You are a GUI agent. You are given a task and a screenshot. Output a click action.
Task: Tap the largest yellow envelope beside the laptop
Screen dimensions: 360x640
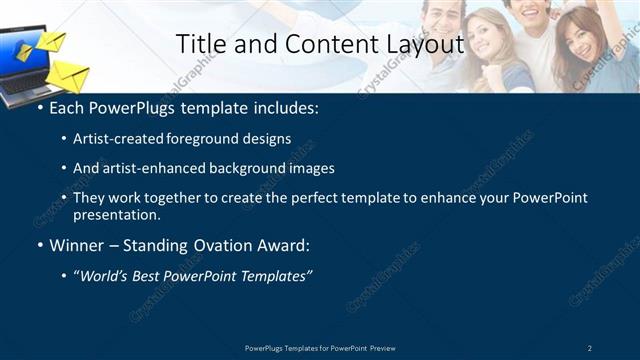(68, 76)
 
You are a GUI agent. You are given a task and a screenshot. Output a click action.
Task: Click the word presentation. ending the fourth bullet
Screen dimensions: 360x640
(116, 215)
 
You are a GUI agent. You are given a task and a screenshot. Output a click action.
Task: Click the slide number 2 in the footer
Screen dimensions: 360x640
(590, 347)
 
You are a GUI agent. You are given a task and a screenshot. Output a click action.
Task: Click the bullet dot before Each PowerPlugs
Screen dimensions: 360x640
(39, 106)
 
